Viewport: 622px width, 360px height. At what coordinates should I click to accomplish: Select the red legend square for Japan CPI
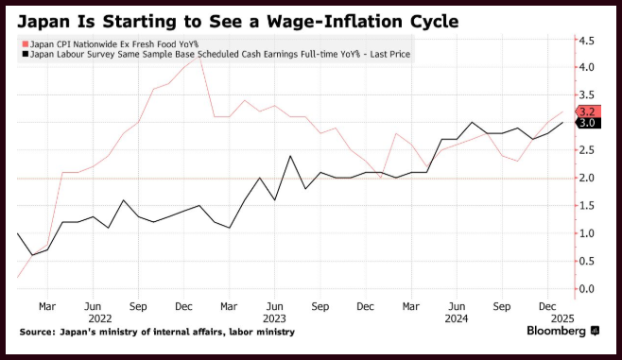[x=26, y=44]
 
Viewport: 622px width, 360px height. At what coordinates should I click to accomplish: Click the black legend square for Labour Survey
[x=26, y=54]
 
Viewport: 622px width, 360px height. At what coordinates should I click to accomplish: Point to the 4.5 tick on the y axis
[x=587, y=41]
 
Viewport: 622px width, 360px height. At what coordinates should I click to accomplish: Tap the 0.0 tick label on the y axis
[x=587, y=288]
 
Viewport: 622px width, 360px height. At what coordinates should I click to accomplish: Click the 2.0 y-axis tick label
[x=587, y=178]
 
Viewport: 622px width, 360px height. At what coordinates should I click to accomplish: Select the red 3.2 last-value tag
[x=588, y=111]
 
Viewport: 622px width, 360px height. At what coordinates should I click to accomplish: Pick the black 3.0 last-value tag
[x=588, y=123]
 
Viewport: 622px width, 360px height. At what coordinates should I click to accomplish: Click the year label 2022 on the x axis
[x=100, y=318]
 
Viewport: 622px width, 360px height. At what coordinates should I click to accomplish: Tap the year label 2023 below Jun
[x=274, y=318]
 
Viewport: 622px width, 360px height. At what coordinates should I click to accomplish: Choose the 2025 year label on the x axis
[x=562, y=318]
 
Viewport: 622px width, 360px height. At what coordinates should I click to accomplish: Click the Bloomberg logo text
[x=556, y=331]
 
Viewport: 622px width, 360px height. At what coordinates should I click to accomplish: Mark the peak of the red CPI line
[x=199, y=57]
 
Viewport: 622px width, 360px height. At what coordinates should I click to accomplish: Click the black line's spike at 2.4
[x=290, y=156]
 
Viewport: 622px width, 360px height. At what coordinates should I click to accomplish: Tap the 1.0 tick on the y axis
[x=587, y=233]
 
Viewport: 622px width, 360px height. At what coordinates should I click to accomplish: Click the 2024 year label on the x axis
[x=457, y=318]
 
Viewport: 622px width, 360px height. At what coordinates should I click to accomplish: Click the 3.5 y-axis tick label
[x=587, y=94]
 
